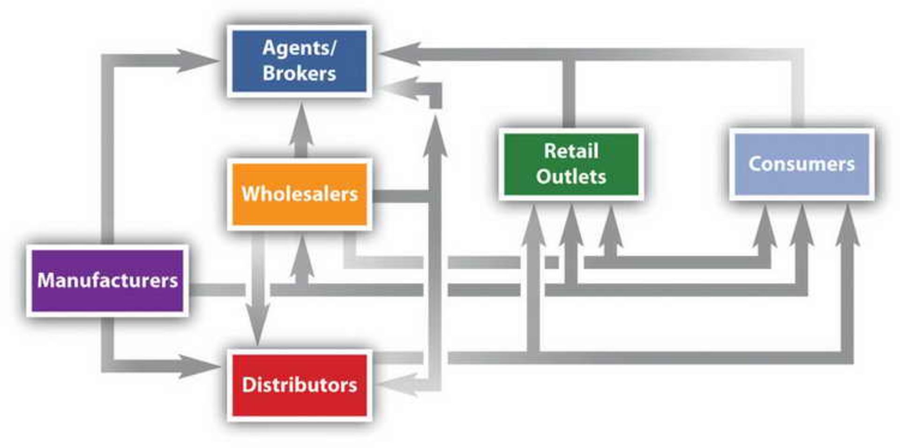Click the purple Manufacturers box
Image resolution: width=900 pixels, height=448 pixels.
coord(107,281)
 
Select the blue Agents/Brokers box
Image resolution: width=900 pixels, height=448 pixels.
coord(299,61)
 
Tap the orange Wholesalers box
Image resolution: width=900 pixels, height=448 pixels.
coord(299,194)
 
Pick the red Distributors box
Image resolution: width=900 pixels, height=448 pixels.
coord(299,385)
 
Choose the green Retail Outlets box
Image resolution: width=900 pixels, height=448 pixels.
coord(571,164)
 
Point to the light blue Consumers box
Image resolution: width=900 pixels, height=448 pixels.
coord(802,164)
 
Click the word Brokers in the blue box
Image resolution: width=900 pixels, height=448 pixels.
coord(299,74)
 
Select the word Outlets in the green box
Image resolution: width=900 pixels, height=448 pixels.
coord(571,177)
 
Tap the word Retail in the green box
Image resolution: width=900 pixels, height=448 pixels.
coord(571,151)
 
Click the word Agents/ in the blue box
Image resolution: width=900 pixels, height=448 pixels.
coord(299,48)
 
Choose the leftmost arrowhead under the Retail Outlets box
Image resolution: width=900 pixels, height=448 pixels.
coord(533,228)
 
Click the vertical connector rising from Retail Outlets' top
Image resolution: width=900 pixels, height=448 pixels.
coord(569,94)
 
